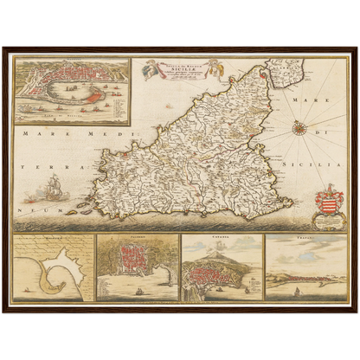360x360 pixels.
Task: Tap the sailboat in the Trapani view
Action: click(297, 292)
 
